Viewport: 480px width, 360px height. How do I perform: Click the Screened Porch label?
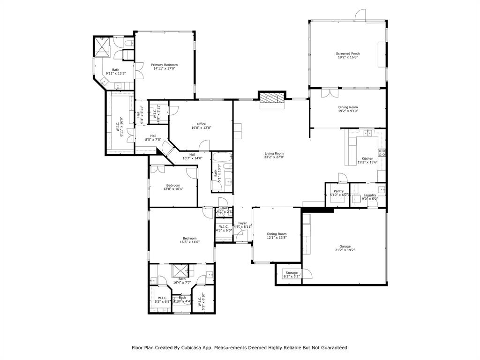[348, 53]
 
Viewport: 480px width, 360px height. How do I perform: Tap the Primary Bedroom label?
[164, 65]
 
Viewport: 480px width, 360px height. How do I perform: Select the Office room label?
[201, 124]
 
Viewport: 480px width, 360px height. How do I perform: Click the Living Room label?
[274, 153]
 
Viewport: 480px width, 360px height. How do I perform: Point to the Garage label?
[345, 247]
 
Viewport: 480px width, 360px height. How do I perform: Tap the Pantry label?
[338, 191]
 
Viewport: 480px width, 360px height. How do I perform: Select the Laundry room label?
[370, 195]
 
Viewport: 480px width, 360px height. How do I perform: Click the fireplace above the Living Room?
[272, 98]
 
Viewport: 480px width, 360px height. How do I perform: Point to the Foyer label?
[242, 223]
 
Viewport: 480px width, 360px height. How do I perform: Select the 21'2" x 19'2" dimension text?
[345, 250]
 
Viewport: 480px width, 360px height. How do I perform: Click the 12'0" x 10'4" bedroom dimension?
[172, 189]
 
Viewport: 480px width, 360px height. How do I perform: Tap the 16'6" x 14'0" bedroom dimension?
[189, 242]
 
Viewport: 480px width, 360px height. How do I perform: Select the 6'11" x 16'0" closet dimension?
[122, 127]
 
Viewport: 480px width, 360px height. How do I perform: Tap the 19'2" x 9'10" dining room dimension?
[348, 111]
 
